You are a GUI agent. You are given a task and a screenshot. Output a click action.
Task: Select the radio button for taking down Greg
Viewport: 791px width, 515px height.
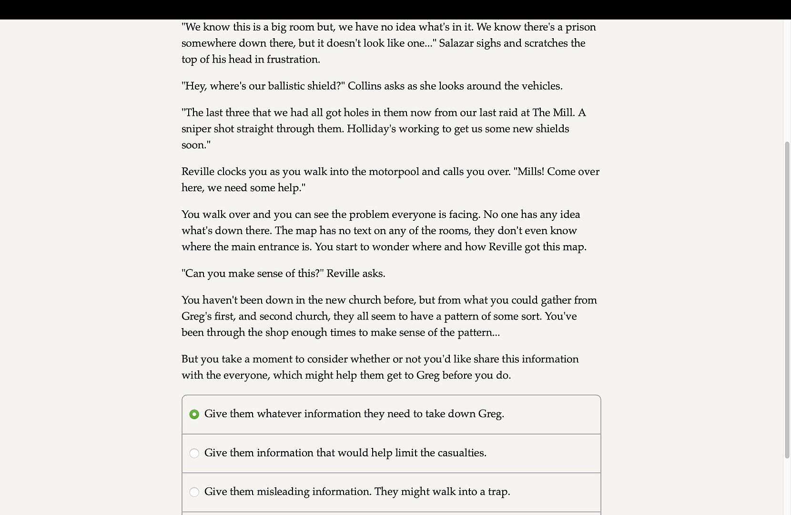tap(194, 414)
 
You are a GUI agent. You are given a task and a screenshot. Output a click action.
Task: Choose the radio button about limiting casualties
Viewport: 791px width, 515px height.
tap(194, 453)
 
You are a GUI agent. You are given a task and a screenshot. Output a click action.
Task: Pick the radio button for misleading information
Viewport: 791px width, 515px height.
tap(194, 492)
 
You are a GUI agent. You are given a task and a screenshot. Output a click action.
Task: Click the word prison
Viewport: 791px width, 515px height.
tap(580, 27)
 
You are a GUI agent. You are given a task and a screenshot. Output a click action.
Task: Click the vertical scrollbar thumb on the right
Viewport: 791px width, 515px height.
tap(787, 300)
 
